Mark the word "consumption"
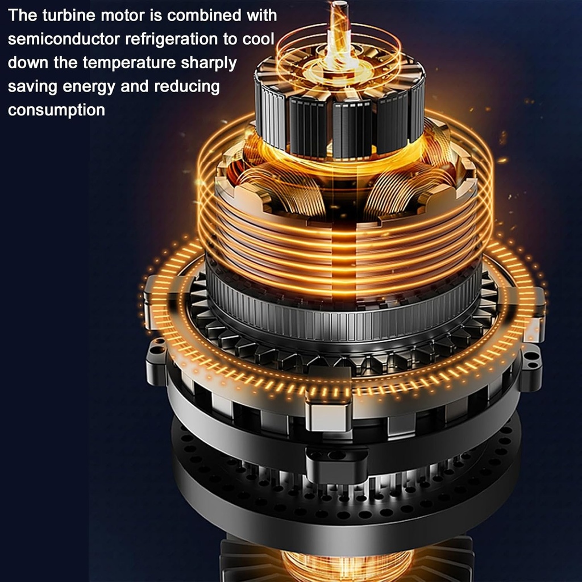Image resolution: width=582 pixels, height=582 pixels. [56, 110]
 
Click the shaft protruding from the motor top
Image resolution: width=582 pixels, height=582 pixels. [339, 23]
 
